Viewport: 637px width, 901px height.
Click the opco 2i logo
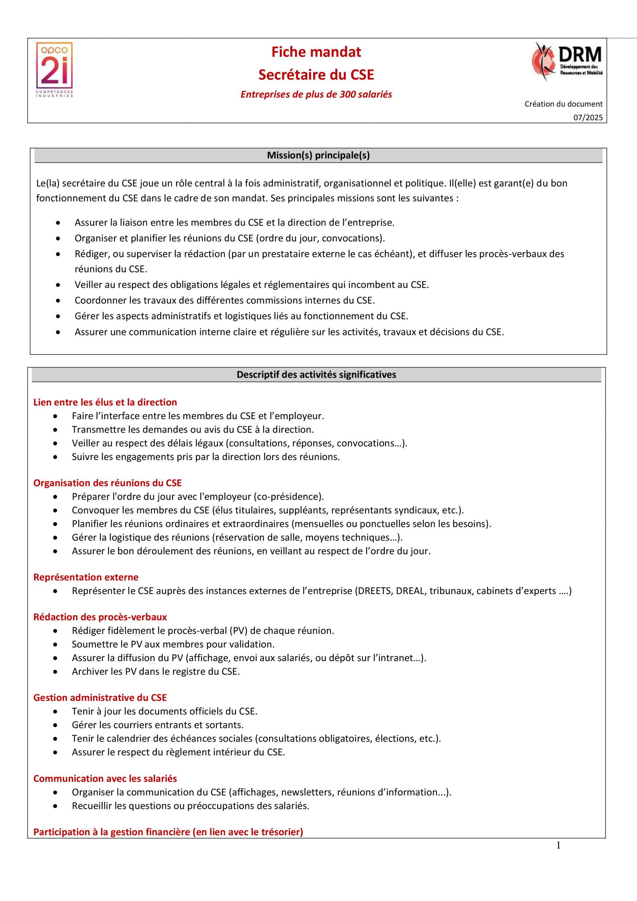pos(55,69)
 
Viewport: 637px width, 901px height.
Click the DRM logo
pos(567,62)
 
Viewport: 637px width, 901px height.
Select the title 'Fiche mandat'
pos(316,52)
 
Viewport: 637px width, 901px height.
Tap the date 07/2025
pos(588,118)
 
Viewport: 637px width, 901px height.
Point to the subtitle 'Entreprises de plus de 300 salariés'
pos(316,95)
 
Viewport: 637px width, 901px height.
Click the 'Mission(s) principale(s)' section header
pos(318,156)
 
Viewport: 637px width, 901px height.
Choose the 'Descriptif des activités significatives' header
pos(316,374)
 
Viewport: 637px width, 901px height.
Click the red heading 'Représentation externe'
pos(86,577)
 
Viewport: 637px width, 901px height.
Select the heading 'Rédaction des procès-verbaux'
pos(100,617)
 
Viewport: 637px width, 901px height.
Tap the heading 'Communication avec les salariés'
pos(105,779)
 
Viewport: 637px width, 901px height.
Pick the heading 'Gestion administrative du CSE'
pos(100,697)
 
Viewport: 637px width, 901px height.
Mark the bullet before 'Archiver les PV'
pos(56,672)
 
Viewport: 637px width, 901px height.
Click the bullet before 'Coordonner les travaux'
pos(58,301)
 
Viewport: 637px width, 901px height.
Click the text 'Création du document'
pos(563,104)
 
